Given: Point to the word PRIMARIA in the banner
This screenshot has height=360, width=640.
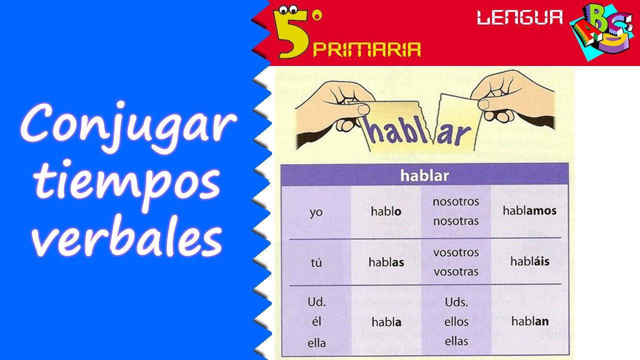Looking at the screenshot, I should coord(366,49).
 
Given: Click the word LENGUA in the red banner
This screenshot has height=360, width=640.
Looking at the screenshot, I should coord(519,18).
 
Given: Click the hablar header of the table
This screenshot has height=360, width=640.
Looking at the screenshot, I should coord(424,175).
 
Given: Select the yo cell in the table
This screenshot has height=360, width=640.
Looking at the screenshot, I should coord(316,212).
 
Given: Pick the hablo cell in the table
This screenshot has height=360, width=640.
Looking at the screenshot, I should coord(385,211).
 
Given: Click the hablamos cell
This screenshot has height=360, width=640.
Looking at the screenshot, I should coord(529,210).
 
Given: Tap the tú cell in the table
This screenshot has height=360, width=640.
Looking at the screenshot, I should coord(316,262).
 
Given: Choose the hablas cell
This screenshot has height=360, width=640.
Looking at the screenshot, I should coord(386,262).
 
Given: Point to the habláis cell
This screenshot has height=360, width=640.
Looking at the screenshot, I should coord(529,261).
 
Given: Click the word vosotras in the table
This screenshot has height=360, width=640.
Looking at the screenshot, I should coord(455,271).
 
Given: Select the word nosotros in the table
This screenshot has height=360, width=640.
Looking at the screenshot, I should coord(455,202).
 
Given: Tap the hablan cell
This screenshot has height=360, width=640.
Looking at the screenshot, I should coord(530,321).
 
